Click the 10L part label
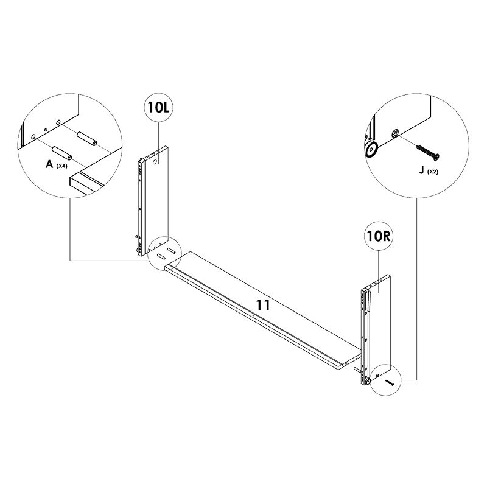click(159, 108)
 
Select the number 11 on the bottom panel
click(263, 306)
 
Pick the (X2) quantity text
click(432, 172)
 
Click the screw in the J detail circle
click(426, 149)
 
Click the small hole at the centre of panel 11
click(253, 314)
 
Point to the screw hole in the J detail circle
click(394, 132)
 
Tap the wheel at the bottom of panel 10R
click(368, 381)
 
